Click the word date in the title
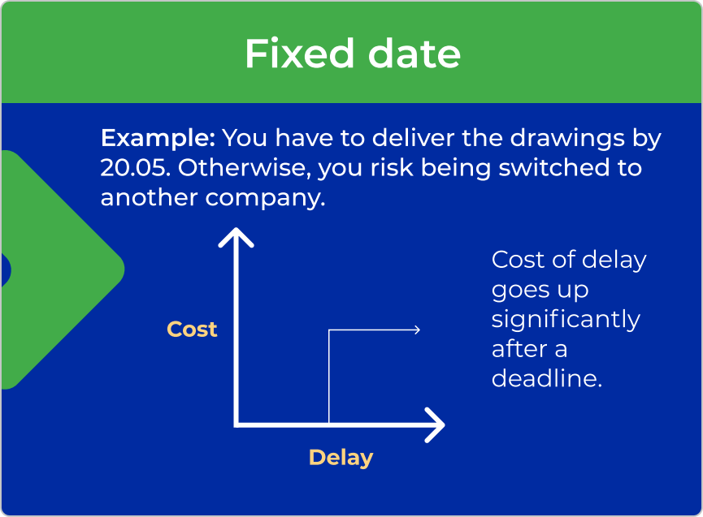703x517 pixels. (414, 54)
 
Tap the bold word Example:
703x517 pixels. (158, 138)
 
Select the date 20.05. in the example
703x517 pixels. (136, 168)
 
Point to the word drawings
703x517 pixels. (567, 138)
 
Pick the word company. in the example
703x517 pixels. (266, 198)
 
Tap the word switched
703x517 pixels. (554, 168)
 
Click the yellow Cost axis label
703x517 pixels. (192, 330)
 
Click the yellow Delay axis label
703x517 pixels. (341, 458)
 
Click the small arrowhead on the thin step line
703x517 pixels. (418, 330)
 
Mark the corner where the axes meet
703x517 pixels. (237, 424)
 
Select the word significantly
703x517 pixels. (566, 321)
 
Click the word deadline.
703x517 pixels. (546, 379)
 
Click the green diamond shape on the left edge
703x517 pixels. (63, 269)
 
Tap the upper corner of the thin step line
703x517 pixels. (329, 330)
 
